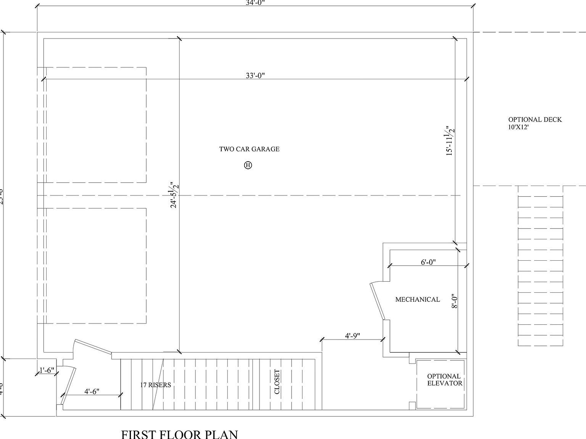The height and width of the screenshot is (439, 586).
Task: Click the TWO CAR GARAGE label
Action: pos(249,149)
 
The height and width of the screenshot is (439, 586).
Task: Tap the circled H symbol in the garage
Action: pos(248,165)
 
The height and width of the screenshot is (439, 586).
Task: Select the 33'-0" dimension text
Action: pos(255,75)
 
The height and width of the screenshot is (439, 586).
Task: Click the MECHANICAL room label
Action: pos(417,300)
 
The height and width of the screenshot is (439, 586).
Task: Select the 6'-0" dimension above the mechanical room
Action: pos(428,262)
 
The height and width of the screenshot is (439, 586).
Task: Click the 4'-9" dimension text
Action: pos(353,336)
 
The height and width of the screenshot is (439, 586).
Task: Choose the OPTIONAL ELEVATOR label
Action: pos(444,380)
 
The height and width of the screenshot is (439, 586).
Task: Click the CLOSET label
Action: pos(277,382)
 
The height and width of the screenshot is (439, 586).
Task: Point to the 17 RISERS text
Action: pos(155,385)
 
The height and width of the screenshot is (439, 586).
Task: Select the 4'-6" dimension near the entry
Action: pos(92,391)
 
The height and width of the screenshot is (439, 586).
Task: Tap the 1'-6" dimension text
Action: pos(47,370)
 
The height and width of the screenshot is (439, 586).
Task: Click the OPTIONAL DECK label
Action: pos(535,120)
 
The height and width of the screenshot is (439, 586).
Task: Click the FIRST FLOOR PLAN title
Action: pos(179,434)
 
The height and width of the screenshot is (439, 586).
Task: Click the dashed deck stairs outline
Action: pos(540,267)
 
